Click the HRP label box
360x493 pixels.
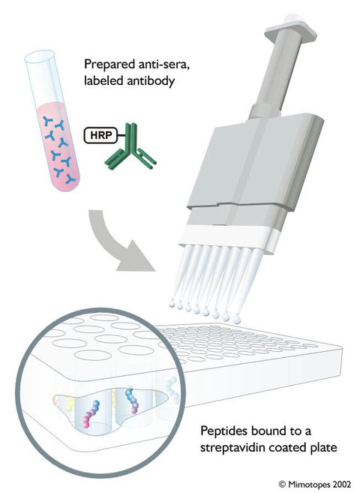tap(100, 135)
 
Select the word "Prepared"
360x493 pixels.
tap(106, 65)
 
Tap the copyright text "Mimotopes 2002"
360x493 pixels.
tap(319, 483)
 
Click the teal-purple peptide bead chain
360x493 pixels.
tap(132, 400)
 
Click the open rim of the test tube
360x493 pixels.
tap(40, 57)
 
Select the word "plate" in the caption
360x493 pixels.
tap(322, 447)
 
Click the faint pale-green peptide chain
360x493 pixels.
tap(170, 389)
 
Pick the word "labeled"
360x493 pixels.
tap(103, 80)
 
